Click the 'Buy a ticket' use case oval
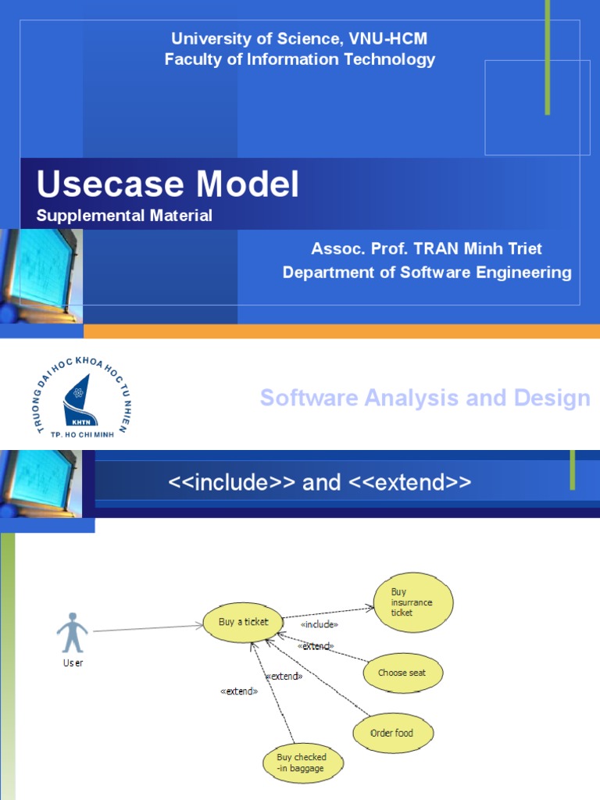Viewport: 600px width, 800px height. (x=243, y=623)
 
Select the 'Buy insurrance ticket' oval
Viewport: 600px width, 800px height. (x=412, y=603)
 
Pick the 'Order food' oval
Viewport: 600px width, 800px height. (x=393, y=734)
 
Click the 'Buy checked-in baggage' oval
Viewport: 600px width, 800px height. (x=302, y=762)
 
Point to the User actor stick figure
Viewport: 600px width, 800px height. (x=73, y=633)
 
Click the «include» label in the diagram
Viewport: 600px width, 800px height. (x=319, y=625)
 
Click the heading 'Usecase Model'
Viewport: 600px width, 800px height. (x=168, y=185)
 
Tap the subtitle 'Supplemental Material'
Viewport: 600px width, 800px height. (x=124, y=216)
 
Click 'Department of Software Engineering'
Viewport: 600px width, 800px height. (x=427, y=272)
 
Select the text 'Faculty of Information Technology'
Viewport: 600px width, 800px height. (x=300, y=59)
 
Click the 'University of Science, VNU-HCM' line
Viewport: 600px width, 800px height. (x=300, y=38)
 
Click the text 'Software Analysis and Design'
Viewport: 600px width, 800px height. (x=425, y=398)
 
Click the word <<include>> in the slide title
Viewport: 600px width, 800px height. (x=232, y=483)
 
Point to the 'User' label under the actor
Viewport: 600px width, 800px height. (x=73, y=663)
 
